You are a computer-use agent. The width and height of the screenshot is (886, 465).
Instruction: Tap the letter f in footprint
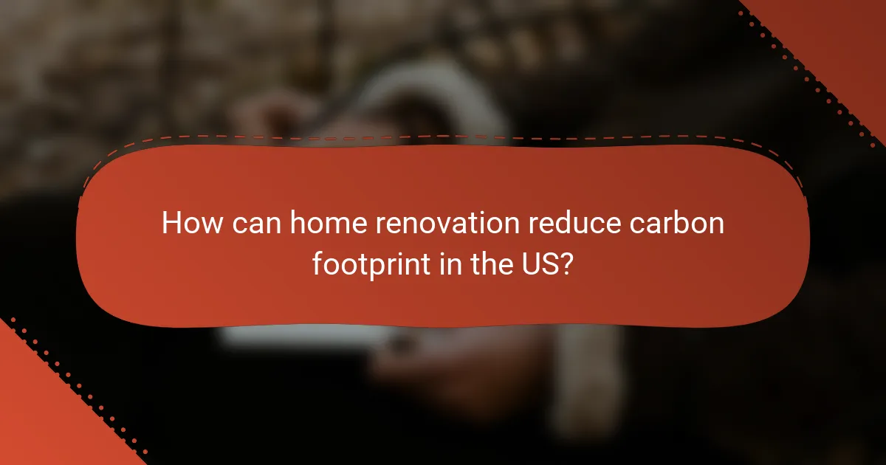(x=317, y=263)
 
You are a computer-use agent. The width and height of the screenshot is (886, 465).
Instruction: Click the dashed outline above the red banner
(x=443, y=136)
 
